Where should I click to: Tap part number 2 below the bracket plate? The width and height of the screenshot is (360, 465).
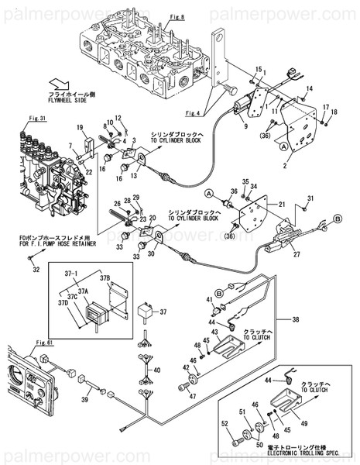point(285,165)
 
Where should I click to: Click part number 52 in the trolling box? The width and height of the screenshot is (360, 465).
point(225,423)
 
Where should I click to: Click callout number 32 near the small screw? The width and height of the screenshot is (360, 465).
point(34,270)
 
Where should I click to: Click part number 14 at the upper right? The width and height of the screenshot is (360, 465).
point(309,91)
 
